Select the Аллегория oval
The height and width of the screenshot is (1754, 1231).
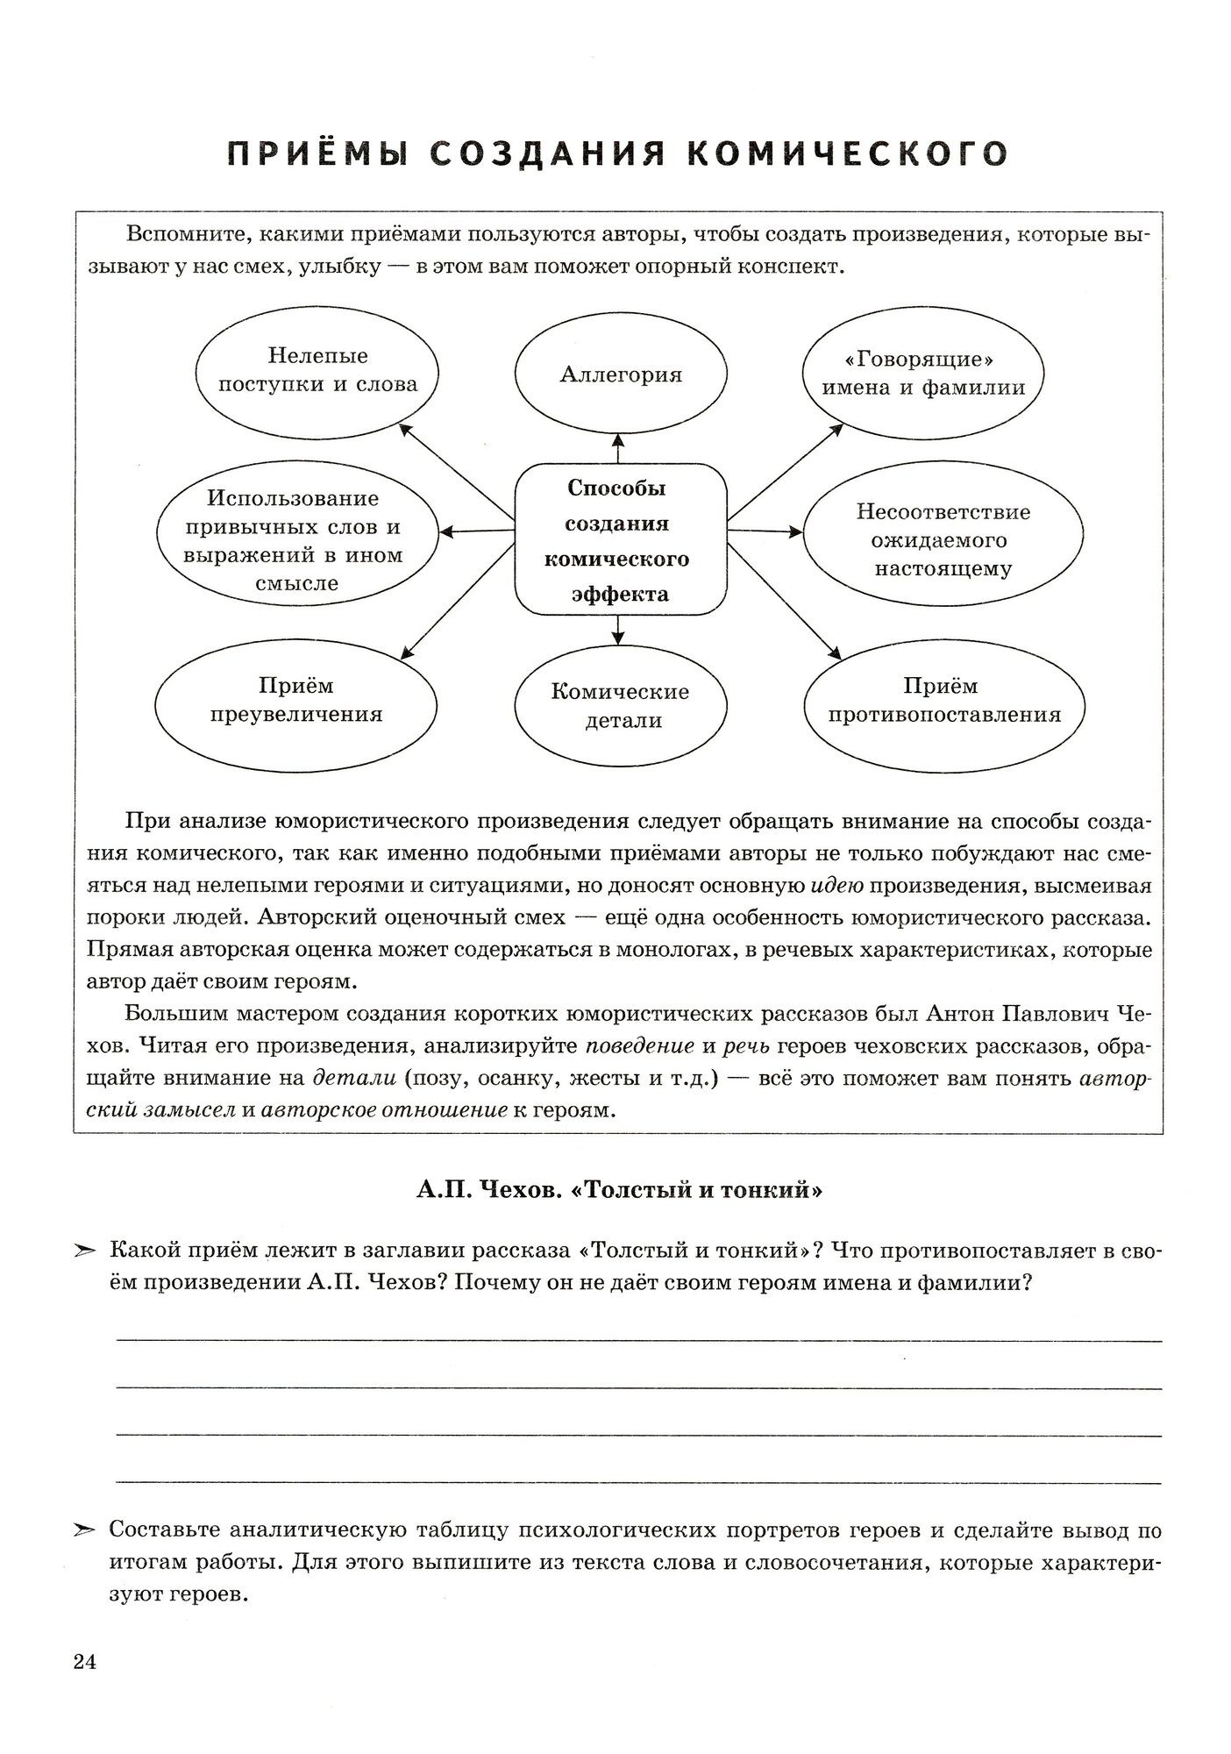click(x=620, y=375)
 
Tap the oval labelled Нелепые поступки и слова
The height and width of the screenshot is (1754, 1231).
click(x=317, y=371)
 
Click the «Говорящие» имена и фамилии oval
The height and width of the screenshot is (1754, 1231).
click(x=923, y=374)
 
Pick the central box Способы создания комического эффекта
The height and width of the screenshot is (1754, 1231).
click(x=620, y=540)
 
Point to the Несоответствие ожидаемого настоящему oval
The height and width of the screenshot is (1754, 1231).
click(x=943, y=539)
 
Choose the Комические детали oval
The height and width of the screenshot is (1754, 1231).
click(x=620, y=707)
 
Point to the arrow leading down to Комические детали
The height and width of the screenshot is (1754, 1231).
click(x=619, y=630)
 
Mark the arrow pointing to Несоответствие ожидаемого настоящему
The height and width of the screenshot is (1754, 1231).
click(x=765, y=531)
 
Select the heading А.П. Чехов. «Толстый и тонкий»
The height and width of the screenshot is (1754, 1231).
click(x=619, y=1190)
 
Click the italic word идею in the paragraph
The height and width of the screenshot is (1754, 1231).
click(x=837, y=887)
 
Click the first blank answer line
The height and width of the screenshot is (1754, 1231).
click(x=638, y=1340)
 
